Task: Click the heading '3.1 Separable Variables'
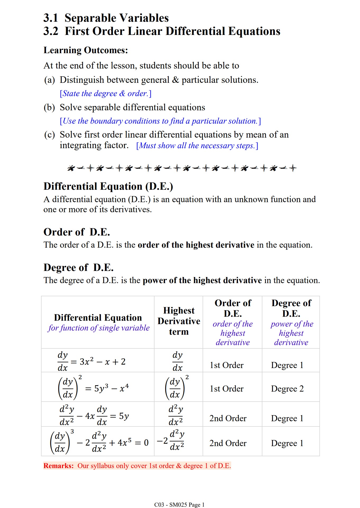[x=106, y=18]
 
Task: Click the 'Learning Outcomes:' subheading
[x=86, y=50]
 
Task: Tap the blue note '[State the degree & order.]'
[x=106, y=93]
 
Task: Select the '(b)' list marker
[x=49, y=107]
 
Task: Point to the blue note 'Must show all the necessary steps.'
[x=197, y=146]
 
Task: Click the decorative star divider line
[x=182, y=168]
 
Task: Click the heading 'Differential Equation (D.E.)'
[x=108, y=186]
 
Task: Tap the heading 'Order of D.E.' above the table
[x=77, y=232]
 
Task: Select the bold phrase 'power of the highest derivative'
[x=202, y=280]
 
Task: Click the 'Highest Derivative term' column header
[x=179, y=321]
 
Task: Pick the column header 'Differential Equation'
[x=98, y=317]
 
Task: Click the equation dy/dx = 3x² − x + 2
[x=92, y=361]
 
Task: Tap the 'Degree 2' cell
[x=287, y=389]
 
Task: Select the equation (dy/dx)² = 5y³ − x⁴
[x=93, y=388]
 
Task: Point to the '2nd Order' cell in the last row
[x=228, y=443]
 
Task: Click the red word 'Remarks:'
[x=58, y=466]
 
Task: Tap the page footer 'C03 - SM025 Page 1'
[x=179, y=505]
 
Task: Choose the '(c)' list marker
[x=49, y=135]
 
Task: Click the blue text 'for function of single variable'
[x=99, y=328]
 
